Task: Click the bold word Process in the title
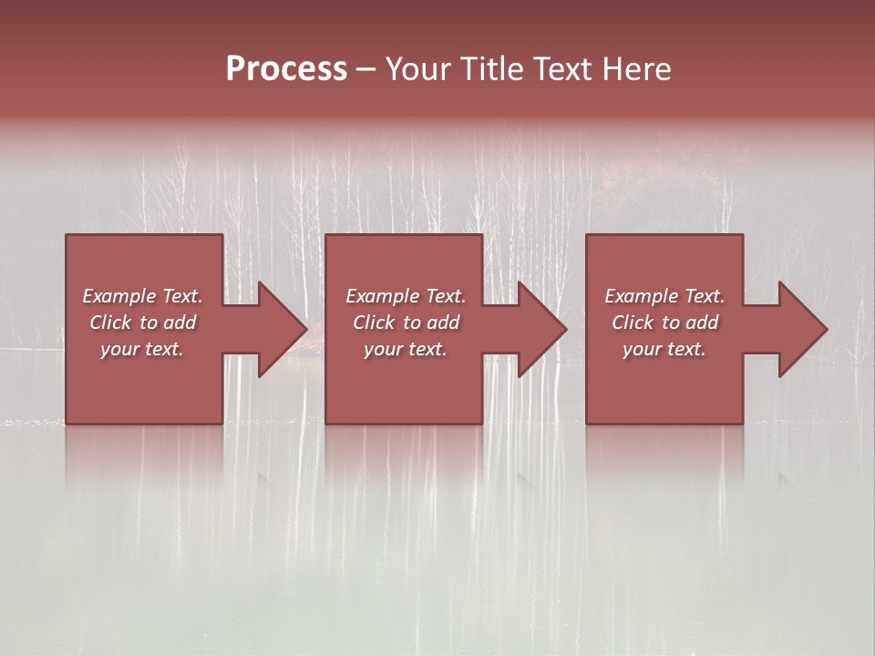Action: (x=286, y=69)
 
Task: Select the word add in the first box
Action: (x=180, y=323)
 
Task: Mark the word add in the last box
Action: (x=702, y=323)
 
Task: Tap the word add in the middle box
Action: (x=443, y=323)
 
